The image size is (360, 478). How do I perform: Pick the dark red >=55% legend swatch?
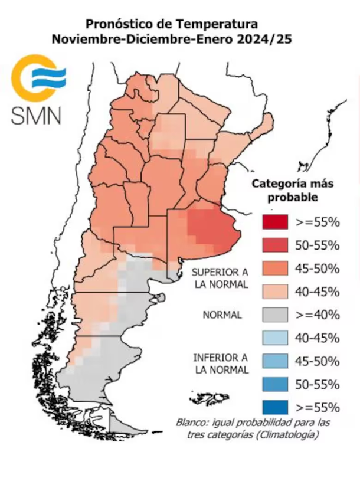[x=274, y=222]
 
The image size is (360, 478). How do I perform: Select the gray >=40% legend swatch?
[x=274, y=315]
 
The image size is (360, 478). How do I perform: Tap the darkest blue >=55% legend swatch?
[x=274, y=407]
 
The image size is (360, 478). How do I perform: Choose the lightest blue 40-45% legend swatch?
[x=274, y=338]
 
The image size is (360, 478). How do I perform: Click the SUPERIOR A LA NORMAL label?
[x=220, y=279]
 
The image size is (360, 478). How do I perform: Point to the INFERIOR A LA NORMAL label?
[x=220, y=364]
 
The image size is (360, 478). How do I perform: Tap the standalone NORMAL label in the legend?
[x=222, y=315]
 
